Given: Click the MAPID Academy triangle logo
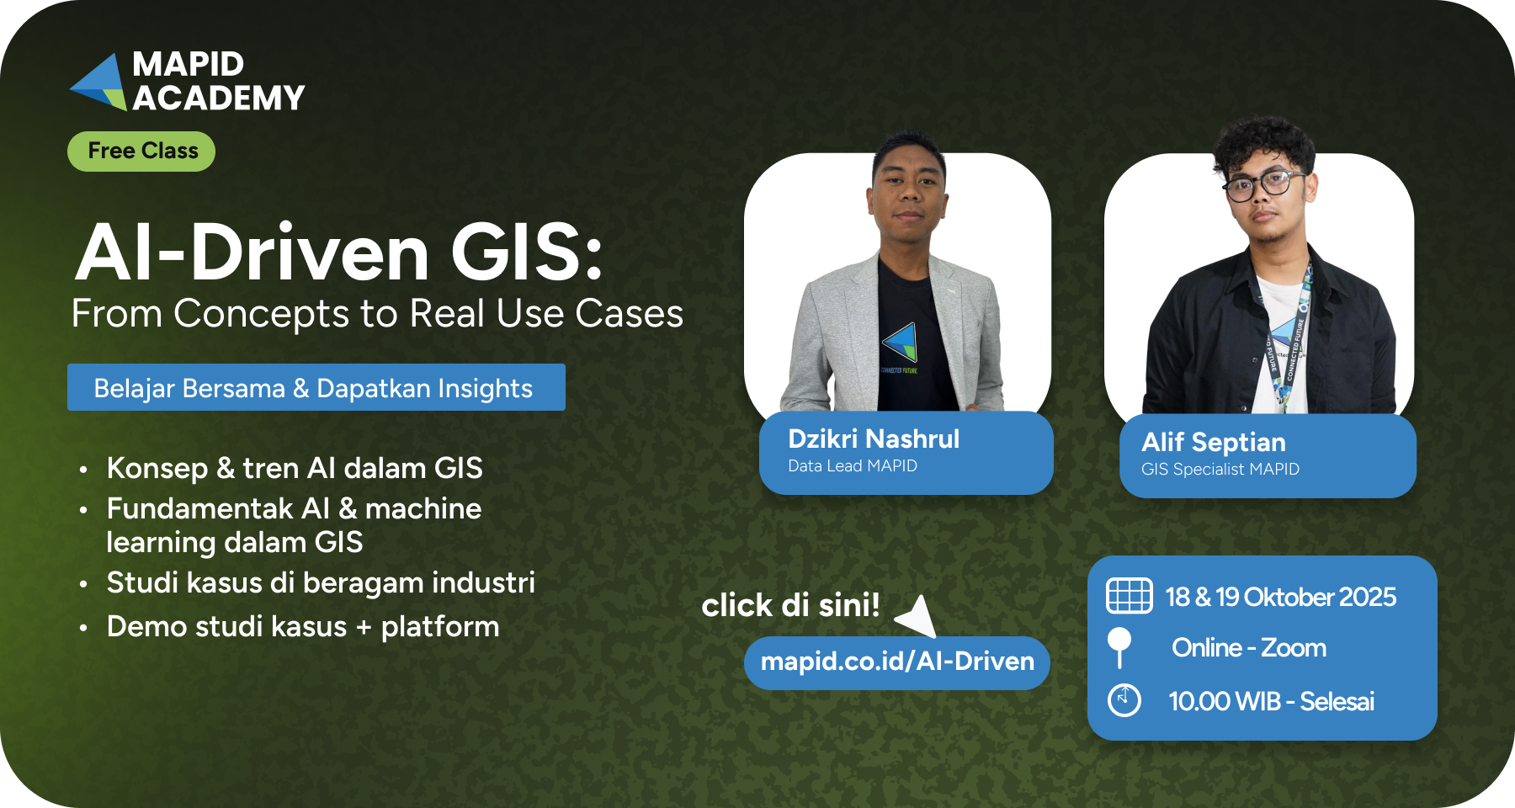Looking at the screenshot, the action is (99, 82).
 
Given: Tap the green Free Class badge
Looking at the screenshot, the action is (141, 151).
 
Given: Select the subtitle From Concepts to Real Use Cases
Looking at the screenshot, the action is (377, 314).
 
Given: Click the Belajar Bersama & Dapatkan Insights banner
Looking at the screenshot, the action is (316, 387).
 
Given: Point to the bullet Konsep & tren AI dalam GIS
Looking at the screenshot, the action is (295, 468).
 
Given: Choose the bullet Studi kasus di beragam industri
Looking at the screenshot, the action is (321, 582).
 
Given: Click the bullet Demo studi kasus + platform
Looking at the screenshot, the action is (303, 627).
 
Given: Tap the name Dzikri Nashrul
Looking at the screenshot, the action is (874, 439).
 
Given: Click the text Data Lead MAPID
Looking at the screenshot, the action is (853, 465).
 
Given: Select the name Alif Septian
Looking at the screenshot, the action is (1214, 442).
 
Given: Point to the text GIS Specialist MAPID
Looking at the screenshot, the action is (1220, 469).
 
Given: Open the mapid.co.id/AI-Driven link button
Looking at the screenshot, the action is (897, 662).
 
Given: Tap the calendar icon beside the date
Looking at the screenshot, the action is (1129, 596).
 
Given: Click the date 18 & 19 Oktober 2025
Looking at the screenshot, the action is (1280, 597).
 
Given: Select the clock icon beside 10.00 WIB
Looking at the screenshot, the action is (1124, 700).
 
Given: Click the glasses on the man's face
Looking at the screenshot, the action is (1263, 184).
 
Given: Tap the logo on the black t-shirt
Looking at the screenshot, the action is (900, 343).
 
